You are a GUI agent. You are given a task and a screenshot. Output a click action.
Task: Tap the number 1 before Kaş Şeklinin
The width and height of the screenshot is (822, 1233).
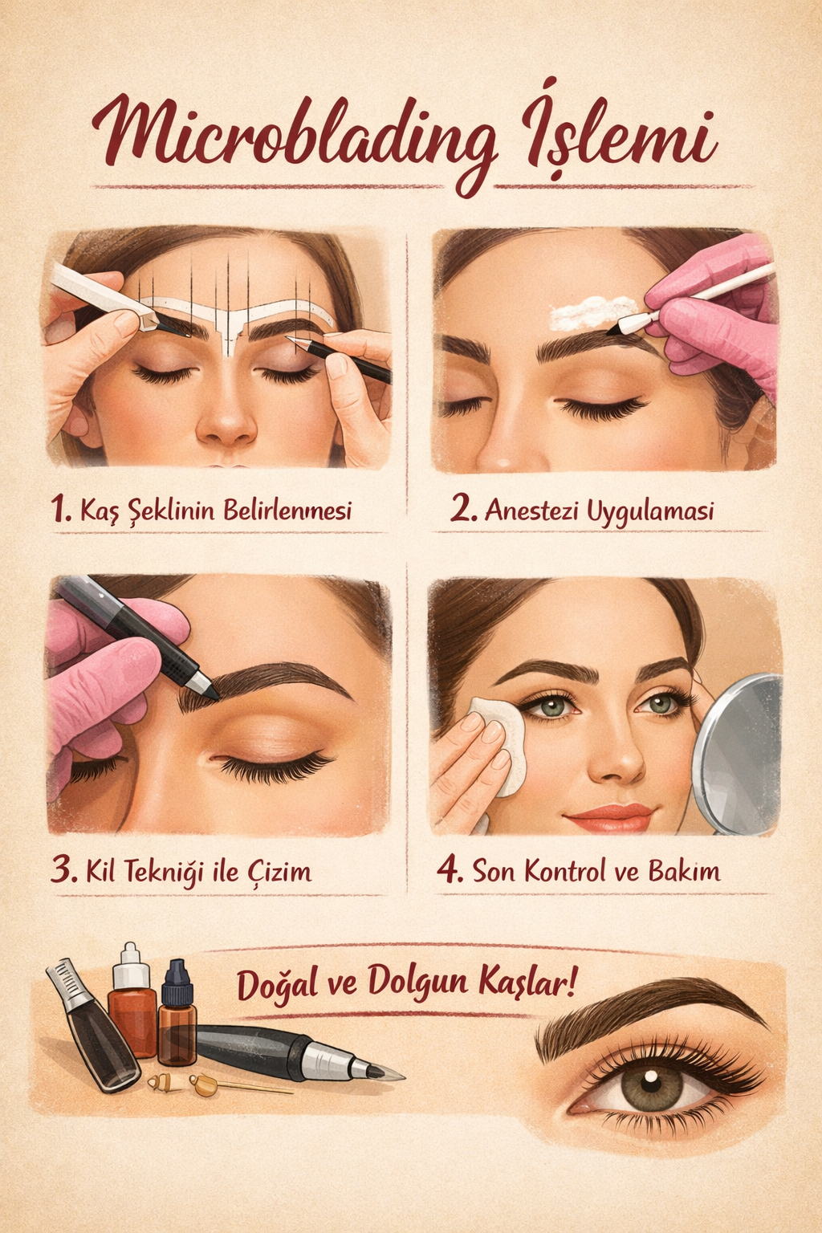click(59, 510)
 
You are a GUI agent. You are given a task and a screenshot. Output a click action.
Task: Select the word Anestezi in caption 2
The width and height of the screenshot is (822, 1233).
click(531, 511)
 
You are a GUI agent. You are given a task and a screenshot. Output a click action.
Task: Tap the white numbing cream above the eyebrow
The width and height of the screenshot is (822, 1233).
click(592, 311)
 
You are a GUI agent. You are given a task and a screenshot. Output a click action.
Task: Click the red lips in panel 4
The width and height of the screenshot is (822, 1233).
click(609, 817)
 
